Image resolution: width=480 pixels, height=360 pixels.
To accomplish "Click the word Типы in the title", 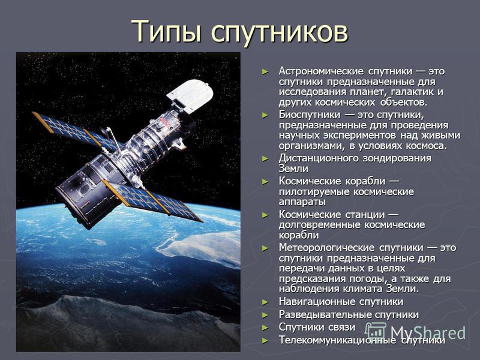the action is [167, 31].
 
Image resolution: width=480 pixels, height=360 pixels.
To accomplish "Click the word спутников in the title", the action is [280, 32].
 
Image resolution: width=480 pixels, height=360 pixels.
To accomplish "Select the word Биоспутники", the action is [309, 115].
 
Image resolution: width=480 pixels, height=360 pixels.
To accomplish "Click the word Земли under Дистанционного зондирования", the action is [293, 169].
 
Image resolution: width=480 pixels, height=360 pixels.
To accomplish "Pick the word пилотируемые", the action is [314, 192].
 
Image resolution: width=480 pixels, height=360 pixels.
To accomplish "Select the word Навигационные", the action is [317, 302].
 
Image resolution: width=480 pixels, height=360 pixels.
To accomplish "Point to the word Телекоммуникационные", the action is [337, 340].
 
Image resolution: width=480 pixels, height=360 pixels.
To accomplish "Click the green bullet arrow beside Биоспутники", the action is [265, 115].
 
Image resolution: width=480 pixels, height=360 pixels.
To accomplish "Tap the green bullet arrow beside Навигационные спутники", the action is [265, 302].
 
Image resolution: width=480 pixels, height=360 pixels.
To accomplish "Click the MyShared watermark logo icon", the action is [376, 332].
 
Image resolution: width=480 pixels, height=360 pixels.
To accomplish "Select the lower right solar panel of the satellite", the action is [152, 201].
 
